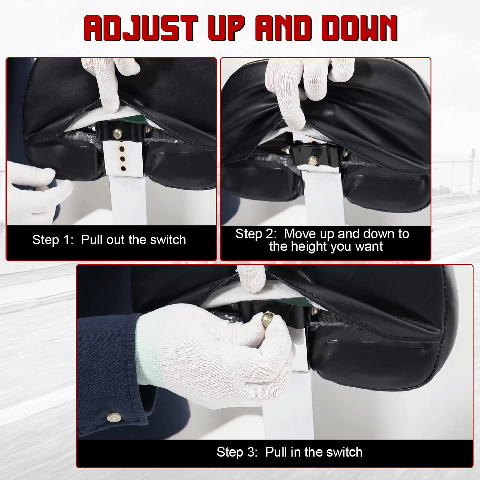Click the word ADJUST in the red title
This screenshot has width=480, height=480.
141,28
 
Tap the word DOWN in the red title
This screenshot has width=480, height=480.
359,28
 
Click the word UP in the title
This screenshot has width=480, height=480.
226,28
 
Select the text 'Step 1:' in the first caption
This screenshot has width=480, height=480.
53,240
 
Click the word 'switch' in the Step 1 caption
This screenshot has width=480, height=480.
168,240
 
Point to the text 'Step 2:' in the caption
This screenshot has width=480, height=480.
256,234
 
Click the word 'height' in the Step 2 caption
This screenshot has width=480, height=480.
309,247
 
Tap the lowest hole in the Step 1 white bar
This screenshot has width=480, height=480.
123,169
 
